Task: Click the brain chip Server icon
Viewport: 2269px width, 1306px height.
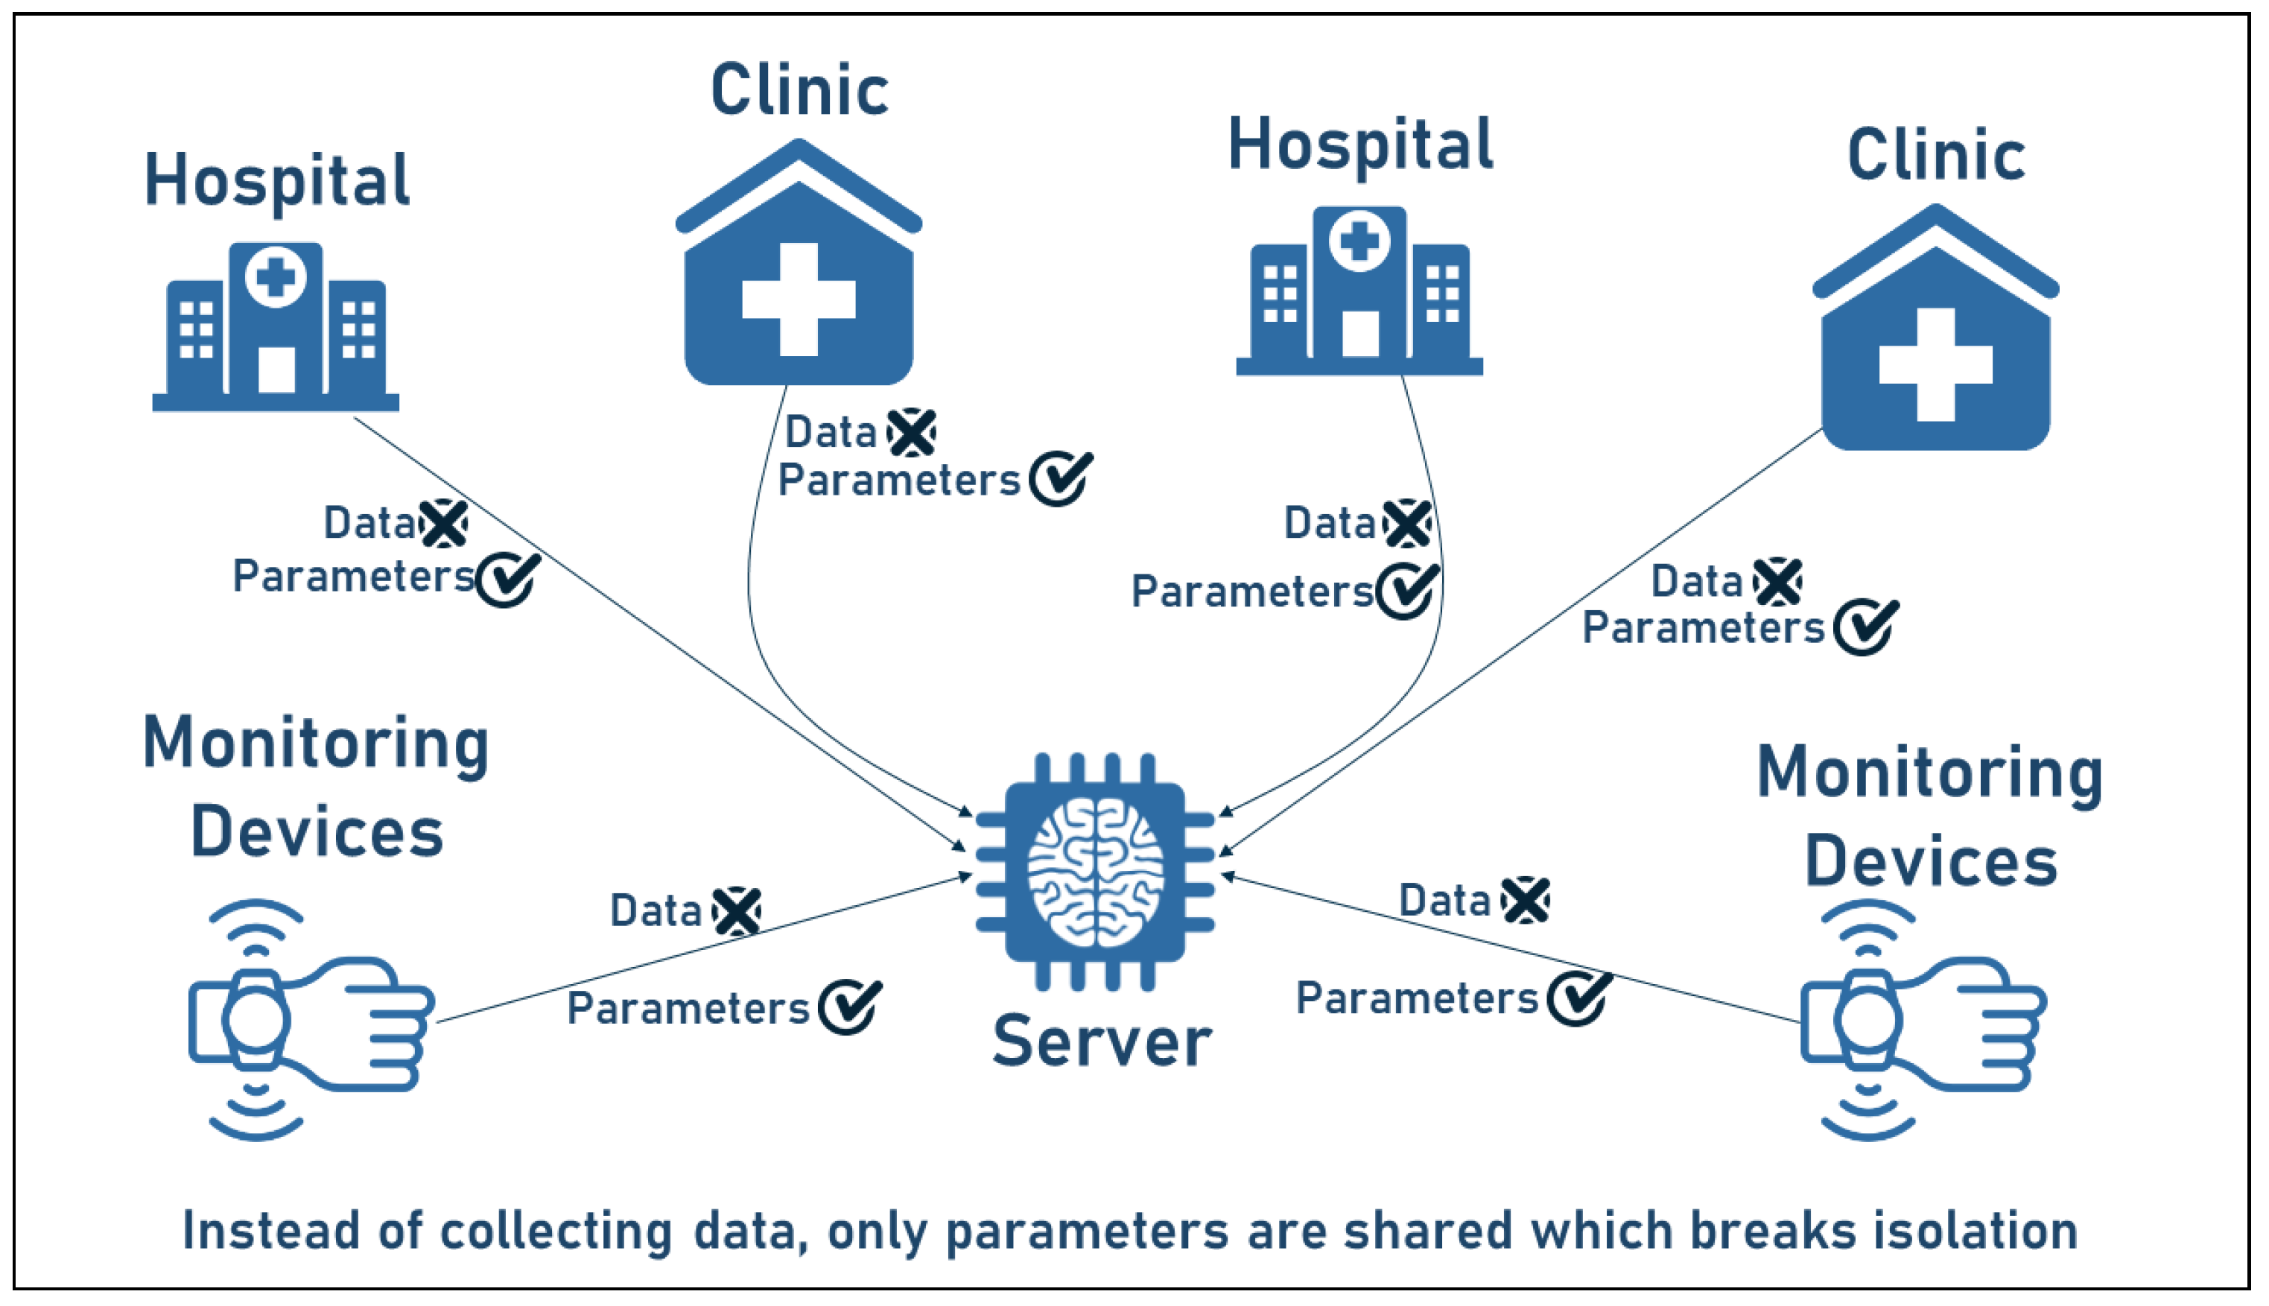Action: click(1095, 871)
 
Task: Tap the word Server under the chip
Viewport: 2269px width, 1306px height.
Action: click(1102, 1042)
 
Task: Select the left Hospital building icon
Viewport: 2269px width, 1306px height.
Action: click(276, 327)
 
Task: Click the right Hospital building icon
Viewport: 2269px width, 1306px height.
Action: click(1359, 291)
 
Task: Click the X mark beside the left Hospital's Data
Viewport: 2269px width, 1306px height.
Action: click(444, 524)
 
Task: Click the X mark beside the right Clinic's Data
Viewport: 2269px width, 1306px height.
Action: click(1777, 582)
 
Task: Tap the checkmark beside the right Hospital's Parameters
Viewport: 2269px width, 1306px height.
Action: click(1407, 590)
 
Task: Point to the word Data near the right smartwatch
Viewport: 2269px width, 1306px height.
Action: click(1444, 901)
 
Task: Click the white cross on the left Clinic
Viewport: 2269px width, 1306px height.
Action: click(799, 299)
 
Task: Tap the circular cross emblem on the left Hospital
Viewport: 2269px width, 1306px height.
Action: click(276, 277)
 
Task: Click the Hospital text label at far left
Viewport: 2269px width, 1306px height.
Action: click(276, 180)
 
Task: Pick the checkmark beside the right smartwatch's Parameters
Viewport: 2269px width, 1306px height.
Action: click(1578, 998)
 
